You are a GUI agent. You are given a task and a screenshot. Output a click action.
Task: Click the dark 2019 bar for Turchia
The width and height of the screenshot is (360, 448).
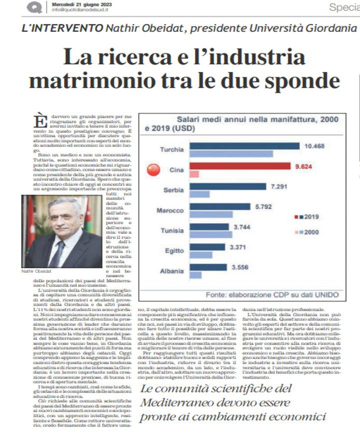point(244,146)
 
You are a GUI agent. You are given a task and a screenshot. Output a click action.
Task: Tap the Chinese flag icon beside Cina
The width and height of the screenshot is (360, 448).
point(154,170)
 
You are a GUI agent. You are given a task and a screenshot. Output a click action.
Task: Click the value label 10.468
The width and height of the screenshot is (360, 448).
point(315,146)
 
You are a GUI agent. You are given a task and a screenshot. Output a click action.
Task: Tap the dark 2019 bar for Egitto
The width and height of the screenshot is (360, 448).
point(207,247)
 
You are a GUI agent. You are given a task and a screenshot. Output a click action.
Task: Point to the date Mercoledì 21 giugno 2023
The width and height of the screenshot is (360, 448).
point(82,4)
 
